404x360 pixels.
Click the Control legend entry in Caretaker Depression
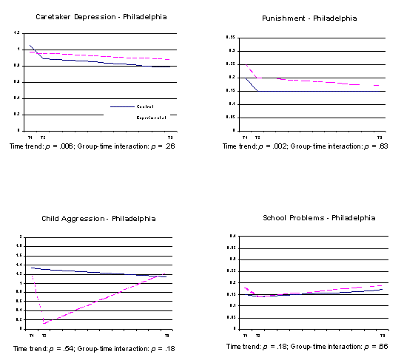pos(146,106)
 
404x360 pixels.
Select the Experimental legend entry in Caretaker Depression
pos(151,117)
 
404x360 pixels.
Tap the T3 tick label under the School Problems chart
pos(381,336)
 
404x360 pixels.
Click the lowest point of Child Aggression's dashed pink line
pos(44,323)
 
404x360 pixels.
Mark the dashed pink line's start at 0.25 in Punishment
pos(247,65)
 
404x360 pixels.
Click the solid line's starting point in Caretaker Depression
pos(30,45)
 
